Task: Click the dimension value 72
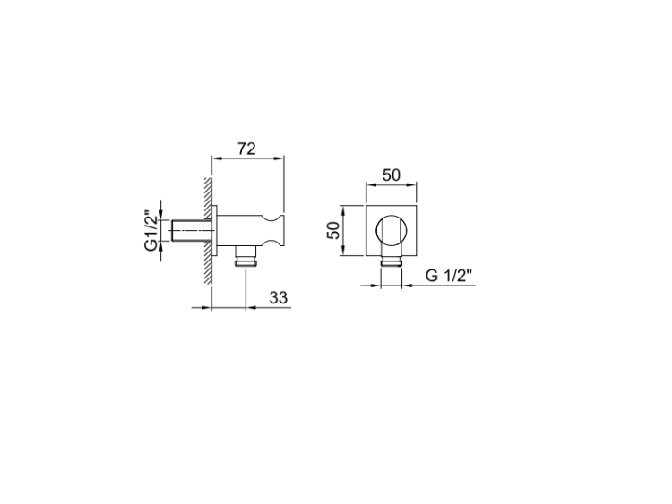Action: (x=247, y=149)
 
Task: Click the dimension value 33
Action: (x=278, y=297)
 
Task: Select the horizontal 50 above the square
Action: (x=392, y=175)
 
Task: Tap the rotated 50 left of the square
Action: (x=333, y=230)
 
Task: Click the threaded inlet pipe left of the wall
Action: (x=192, y=231)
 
